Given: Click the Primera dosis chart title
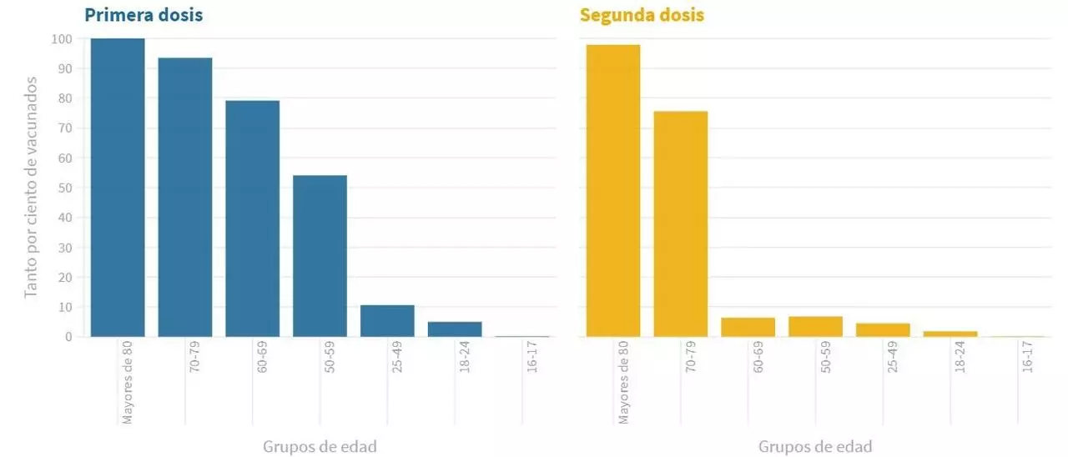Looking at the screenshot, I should tap(144, 15).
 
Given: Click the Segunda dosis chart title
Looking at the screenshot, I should tap(642, 15).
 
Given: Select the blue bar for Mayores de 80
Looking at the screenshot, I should tap(118, 188).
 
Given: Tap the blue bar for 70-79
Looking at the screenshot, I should tap(185, 197).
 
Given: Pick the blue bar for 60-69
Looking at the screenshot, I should tap(252, 218).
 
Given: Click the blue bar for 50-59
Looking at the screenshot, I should tap(320, 256).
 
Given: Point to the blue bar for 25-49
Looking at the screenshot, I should tap(387, 321).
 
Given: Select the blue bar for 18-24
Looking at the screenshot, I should tap(455, 329).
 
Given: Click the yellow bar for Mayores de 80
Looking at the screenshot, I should tap(613, 191).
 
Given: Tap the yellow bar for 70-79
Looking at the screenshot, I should tap(681, 224).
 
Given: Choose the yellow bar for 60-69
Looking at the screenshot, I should tap(748, 327).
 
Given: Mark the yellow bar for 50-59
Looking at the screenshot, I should tap(815, 327).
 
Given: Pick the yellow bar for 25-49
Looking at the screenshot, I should tap(883, 329).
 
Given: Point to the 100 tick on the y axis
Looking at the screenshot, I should tap(62, 39).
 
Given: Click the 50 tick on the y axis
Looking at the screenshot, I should tap(65, 188).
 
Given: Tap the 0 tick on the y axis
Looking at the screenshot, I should tap(68, 337).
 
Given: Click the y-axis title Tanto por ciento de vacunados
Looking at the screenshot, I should tap(31, 187).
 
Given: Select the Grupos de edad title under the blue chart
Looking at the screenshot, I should tap(320, 446).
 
